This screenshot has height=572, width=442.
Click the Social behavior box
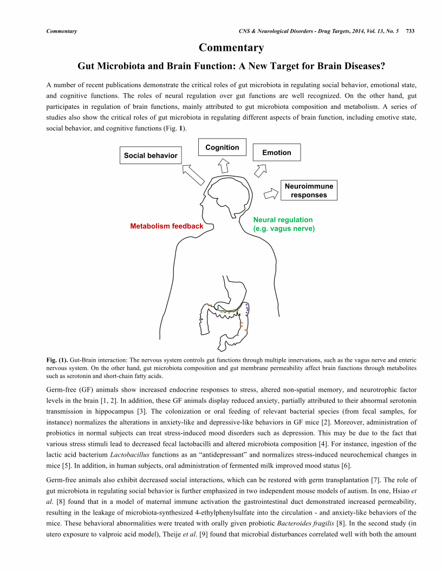tap(151, 155)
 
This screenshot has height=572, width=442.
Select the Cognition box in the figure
tap(222, 147)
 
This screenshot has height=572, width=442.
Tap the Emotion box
tap(276, 153)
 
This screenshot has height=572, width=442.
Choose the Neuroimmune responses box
tap(309, 190)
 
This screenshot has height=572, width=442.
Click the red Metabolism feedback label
tap(167, 226)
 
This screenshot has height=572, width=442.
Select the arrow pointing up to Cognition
tap(223, 164)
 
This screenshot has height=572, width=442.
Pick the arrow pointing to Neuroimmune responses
tap(269, 192)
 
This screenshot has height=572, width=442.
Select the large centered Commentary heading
tap(231, 48)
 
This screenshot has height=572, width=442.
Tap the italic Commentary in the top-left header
tap(62, 31)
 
